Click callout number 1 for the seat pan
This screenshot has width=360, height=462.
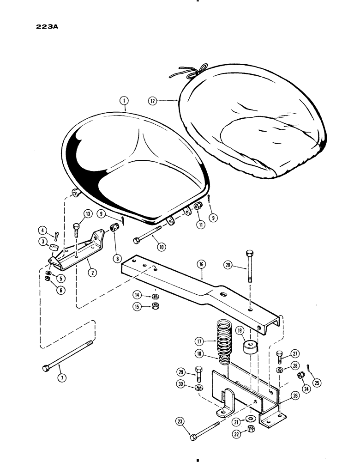click(x=123, y=100)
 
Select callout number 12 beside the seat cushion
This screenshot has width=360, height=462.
click(x=153, y=100)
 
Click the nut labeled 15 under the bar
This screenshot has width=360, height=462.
click(x=156, y=307)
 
